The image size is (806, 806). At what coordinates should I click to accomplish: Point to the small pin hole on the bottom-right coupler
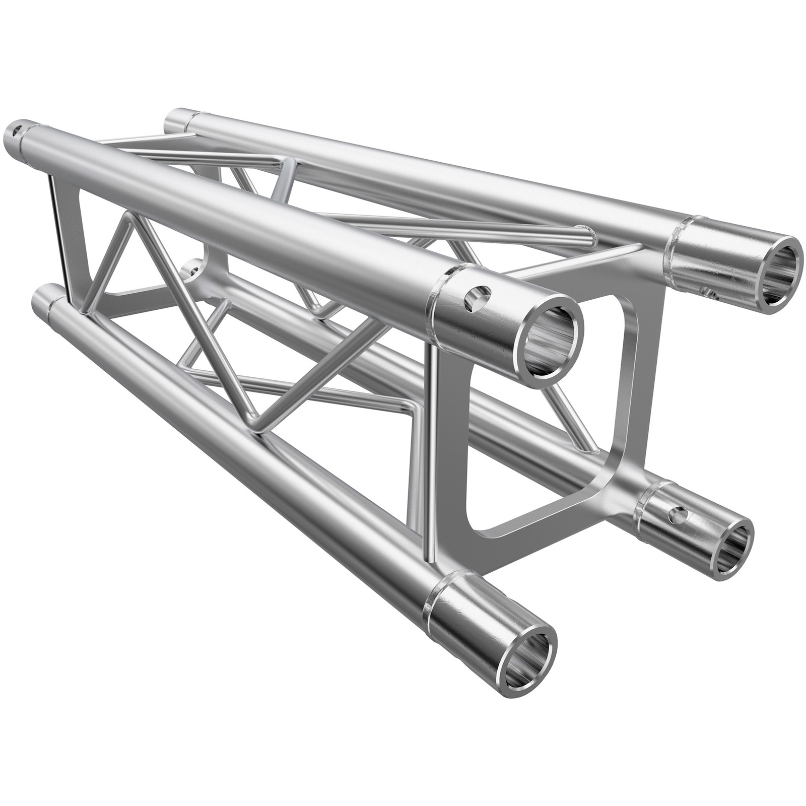click(x=677, y=513)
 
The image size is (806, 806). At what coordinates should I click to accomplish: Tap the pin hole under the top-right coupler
click(x=710, y=291)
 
